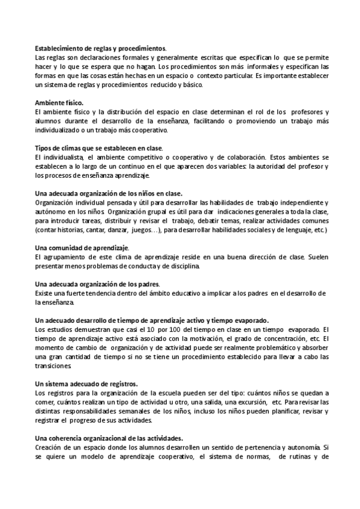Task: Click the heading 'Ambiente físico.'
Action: pos(59,103)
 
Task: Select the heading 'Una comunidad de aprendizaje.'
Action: pos(78,248)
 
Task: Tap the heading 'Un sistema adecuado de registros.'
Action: pos(86,383)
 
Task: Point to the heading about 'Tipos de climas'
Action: pos(99,148)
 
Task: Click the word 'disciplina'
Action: pos(188,265)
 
